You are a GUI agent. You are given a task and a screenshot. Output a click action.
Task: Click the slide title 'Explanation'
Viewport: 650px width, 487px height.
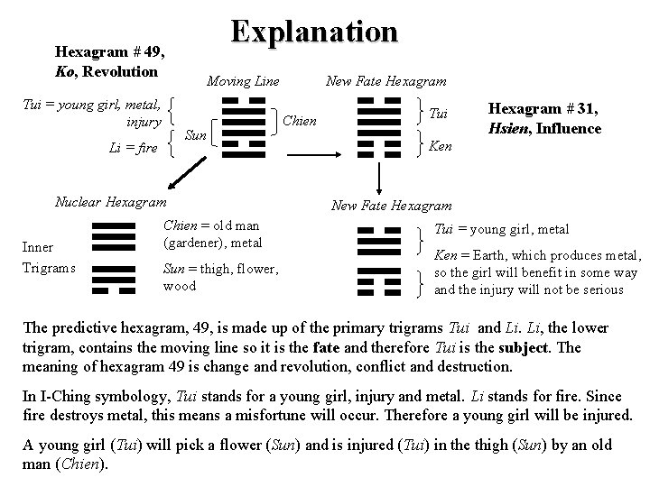click(x=313, y=32)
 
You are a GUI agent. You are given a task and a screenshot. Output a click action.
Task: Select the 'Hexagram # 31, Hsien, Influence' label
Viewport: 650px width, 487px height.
click(x=544, y=118)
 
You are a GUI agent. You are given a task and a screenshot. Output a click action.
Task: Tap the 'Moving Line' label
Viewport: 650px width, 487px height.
click(x=243, y=81)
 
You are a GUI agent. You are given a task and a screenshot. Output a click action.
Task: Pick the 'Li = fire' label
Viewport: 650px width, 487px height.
click(x=133, y=146)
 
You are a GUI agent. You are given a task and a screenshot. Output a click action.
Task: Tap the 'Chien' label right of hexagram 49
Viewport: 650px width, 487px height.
click(x=299, y=120)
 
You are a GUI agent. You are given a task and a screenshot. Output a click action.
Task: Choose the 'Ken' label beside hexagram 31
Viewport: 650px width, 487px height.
click(x=441, y=144)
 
